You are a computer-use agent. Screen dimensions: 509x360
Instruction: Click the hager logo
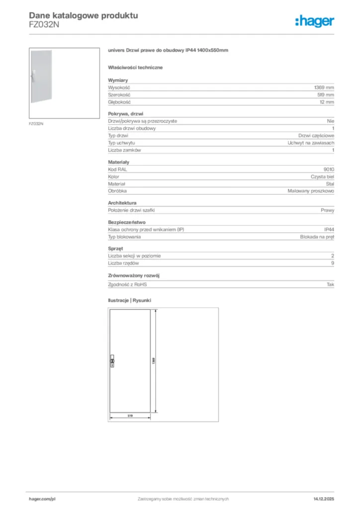click(x=314, y=20)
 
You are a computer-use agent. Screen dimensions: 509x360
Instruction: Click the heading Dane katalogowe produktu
click(x=84, y=15)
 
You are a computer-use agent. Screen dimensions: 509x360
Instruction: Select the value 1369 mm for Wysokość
click(x=323, y=87)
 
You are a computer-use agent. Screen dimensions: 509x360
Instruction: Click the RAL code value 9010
click(x=329, y=169)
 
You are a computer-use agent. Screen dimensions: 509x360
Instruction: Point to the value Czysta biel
click(x=319, y=176)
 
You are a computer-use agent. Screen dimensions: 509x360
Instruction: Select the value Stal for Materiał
click(x=330, y=183)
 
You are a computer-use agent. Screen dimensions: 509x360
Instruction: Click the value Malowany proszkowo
click(x=311, y=191)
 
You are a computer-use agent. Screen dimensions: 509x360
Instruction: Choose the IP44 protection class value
click(x=329, y=230)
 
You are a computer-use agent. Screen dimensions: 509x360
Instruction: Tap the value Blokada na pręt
click(x=317, y=237)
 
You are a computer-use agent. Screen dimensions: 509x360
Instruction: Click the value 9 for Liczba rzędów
click(x=333, y=263)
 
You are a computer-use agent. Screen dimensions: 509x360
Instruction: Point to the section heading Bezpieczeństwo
click(x=127, y=222)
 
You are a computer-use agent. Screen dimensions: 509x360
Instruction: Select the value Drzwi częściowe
click(x=316, y=135)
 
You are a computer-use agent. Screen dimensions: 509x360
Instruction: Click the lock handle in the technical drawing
click(x=112, y=361)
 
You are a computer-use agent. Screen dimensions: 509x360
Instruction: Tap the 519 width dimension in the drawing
click(x=129, y=415)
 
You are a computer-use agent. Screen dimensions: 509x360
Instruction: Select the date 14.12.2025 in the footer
click(x=324, y=499)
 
